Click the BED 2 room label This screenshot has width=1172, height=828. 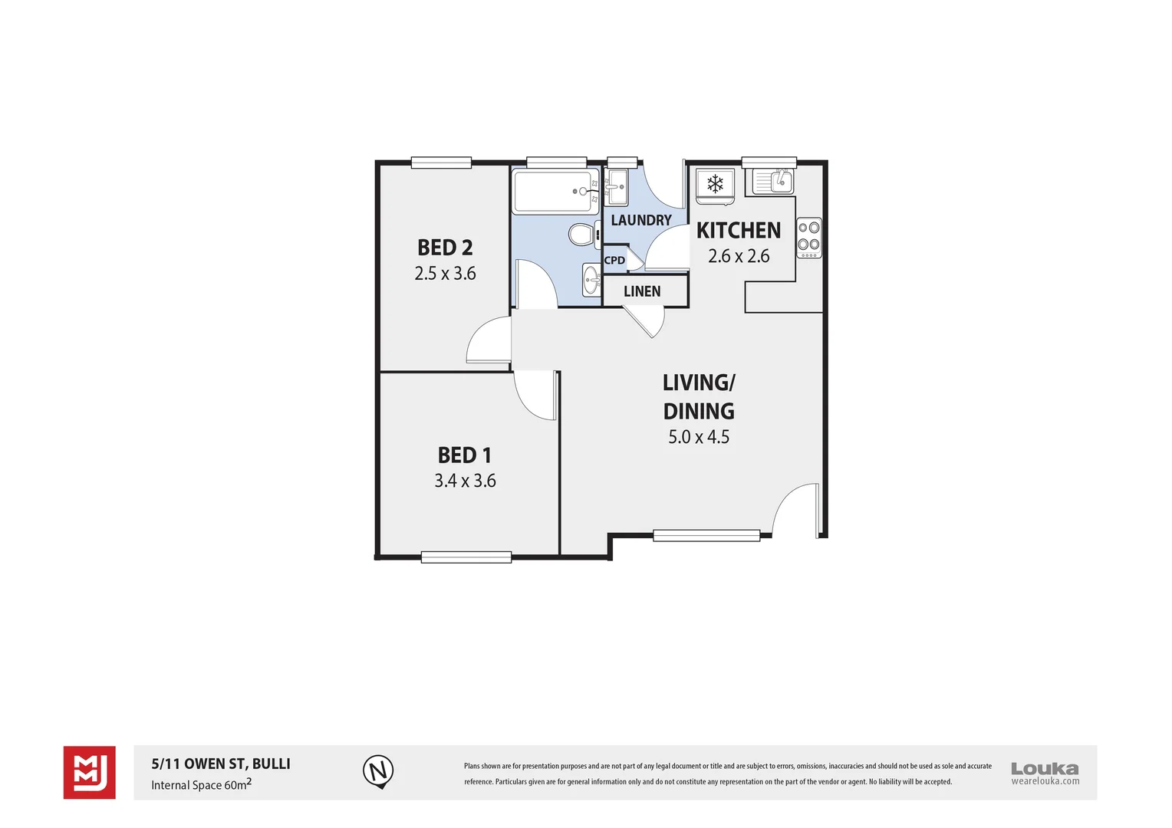pos(445,248)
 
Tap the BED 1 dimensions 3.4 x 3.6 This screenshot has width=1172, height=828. pos(465,481)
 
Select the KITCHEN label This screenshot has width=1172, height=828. pos(738,231)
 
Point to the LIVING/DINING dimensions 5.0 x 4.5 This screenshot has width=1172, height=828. pos(698,437)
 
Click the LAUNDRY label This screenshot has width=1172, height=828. pos(640,221)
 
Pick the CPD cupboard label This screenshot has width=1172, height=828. pos(614,261)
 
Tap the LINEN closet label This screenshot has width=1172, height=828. pos(642,291)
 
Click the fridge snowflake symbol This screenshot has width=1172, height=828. pos(715,184)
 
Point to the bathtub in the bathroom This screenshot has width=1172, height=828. pos(555,192)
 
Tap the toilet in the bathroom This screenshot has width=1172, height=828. pos(583,234)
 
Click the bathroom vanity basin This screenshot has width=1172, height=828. pos(591,280)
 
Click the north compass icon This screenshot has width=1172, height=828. pos(377,770)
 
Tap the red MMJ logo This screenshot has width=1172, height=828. pos(89,772)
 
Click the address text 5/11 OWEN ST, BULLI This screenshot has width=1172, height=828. pos(221,764)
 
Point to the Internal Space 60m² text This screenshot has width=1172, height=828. pos(201,784)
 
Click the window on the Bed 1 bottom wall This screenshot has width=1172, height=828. pos(466,557)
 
